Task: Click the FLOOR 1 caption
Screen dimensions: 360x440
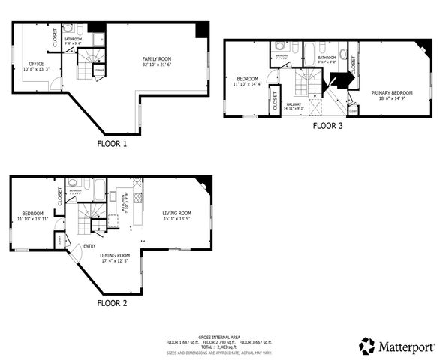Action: [x=113, y=142]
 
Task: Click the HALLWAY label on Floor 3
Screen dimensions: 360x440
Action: [x=294, y=103]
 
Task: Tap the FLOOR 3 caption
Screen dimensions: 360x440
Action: [x=328, y=126]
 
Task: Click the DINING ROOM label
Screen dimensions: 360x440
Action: [x=115, y=255]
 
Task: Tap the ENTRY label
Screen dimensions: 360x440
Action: [x=89, y=244]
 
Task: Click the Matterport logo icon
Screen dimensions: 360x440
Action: [x=366, y=346]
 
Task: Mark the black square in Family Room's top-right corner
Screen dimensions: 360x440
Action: [x=202, y=30]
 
